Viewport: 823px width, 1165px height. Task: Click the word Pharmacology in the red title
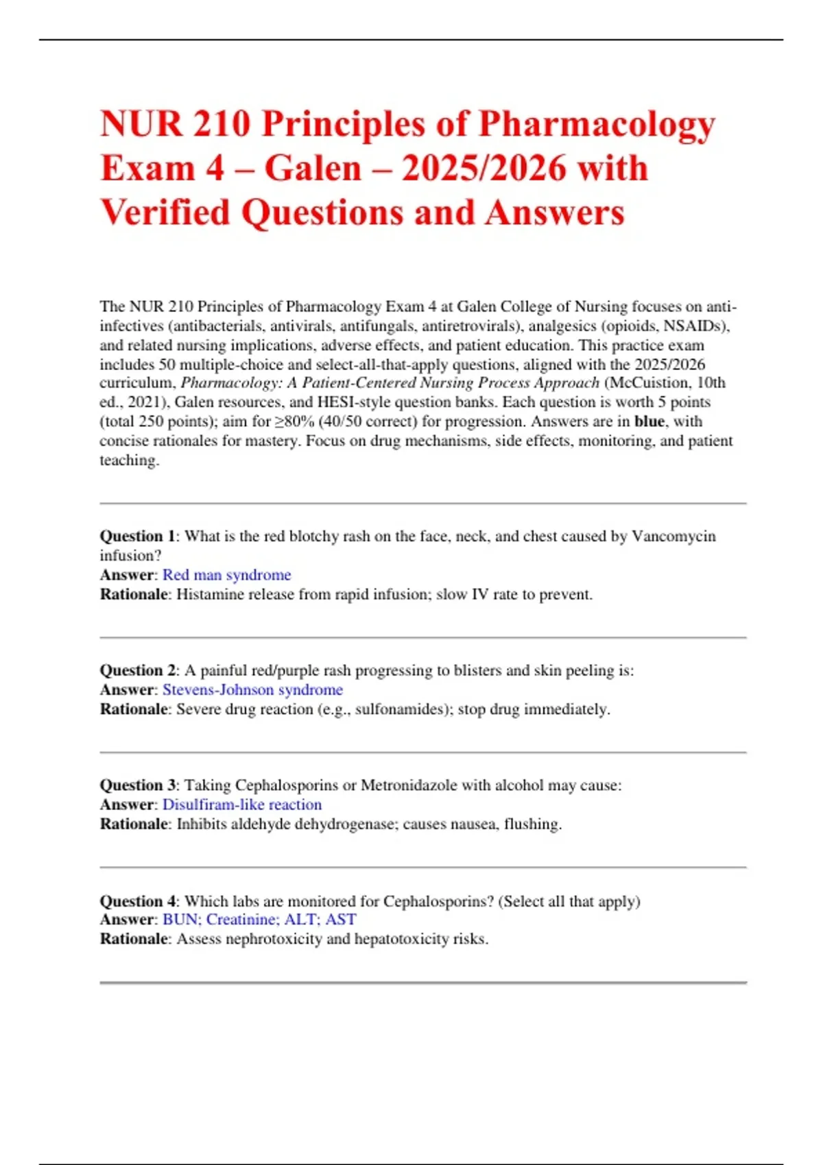pos(597,125)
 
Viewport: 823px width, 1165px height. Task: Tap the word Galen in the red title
pos(313,169)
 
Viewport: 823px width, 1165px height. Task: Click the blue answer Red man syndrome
pos(226,575)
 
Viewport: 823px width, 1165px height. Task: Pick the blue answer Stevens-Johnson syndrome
pos(252,690)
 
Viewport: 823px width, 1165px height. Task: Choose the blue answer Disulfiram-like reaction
pos(241,805)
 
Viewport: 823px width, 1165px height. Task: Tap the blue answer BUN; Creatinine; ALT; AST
pos(259,920)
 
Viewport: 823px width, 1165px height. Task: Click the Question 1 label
pos(137,537)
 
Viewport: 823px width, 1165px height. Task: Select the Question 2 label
pos(137,670)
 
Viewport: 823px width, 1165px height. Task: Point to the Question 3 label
pos(137,785)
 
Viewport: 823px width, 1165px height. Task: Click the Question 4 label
pos(137,901)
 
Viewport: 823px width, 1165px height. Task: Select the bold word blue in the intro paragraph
pos(649,422)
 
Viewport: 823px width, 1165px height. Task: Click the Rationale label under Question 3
pos(134,824)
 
